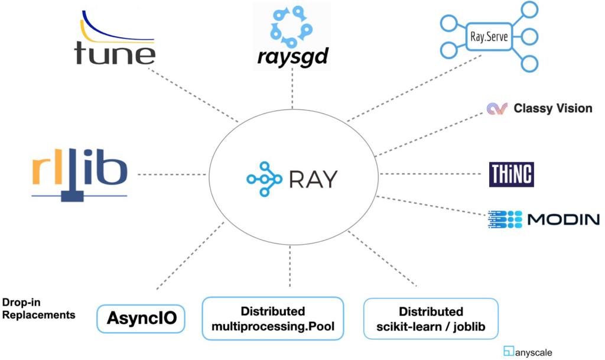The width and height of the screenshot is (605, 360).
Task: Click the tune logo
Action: (x=115, y=42)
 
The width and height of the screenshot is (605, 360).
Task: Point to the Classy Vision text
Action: (x=552, y=108)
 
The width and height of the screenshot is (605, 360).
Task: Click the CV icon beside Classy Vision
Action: (x=497, y=109)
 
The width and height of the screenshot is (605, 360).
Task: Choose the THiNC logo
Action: (x=511, y=174)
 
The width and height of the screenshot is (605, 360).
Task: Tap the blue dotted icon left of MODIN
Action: (x=506, y=220)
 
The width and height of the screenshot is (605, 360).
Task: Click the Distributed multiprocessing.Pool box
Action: (x=272, y=318)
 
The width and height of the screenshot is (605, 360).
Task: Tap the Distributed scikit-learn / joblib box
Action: (x=431, y=319)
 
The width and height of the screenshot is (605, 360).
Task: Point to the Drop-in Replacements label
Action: (x=38, y=308)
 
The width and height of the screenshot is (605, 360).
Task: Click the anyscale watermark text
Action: (x=533, y=352)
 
